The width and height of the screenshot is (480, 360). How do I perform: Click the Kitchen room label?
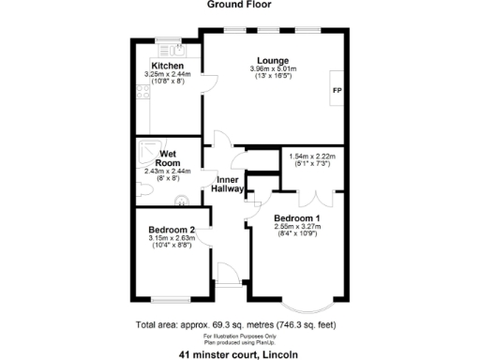click(168, 65)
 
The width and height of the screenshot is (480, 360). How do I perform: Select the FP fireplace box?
click(336, 90)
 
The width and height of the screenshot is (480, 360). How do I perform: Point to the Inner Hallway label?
click(232, 184)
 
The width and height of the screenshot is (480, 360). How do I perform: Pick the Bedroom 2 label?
click(172, 230)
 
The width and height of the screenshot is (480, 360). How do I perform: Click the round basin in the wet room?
click(180, 198)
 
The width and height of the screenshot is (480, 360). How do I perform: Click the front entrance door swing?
click(227, 273)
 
